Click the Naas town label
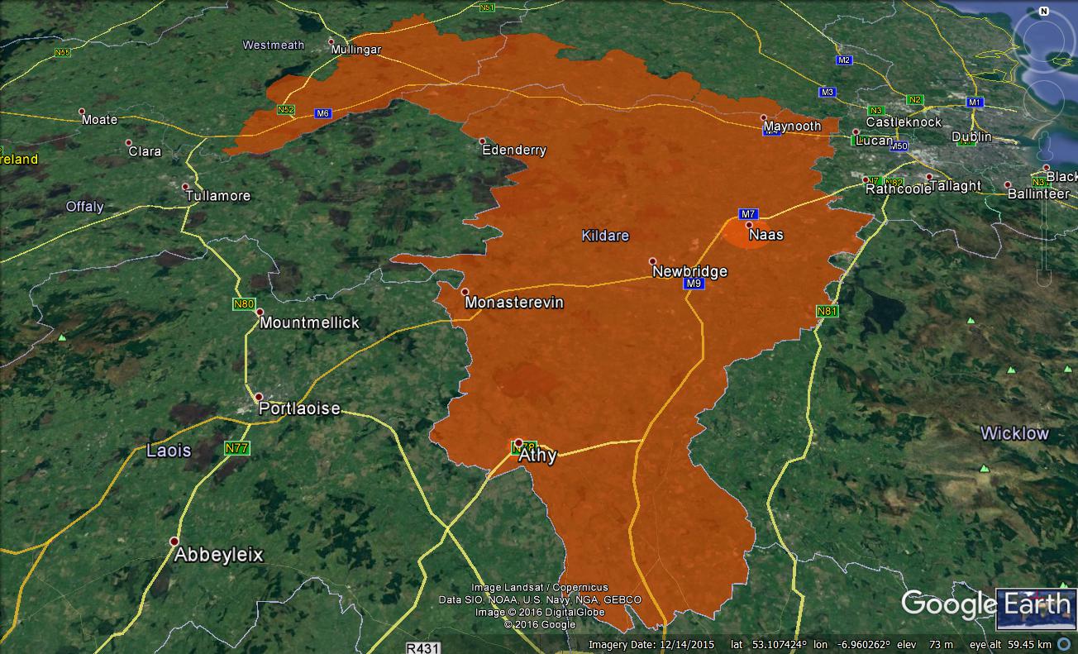pyautogui.click(x=766, y=235)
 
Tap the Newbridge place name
pyautogui.click(x=689, y=271)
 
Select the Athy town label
pyautogui.click(x=537, y=455)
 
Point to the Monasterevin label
pyautogui.click(x=513, y=303)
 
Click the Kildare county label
pyautogui.click(x=605, y=236)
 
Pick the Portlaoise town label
pyautogui.click(x=299, y=408)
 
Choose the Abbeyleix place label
pyautogui.click(x=218, y=555)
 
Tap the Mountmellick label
pyautogui.click(x=309, y=322)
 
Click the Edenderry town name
pyautogui.click(x=513, y=150)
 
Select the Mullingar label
pyautogui.click(x=356, y=50)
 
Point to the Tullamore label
pyautogui.click(x=218, y=196)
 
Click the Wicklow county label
pyautogui.click(x=1014, y=433)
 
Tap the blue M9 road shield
pyautogui.click(x=694, y=284)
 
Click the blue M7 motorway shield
pyautogui.click(x=748, y=214)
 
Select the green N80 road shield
pyautogui.click(x=244, y=304)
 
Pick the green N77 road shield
pyautogui.click(x=237, y=448)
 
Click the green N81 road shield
pyautogui.click(x=827, y=312)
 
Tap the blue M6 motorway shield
pyautogui.click(x=322, y=113)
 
